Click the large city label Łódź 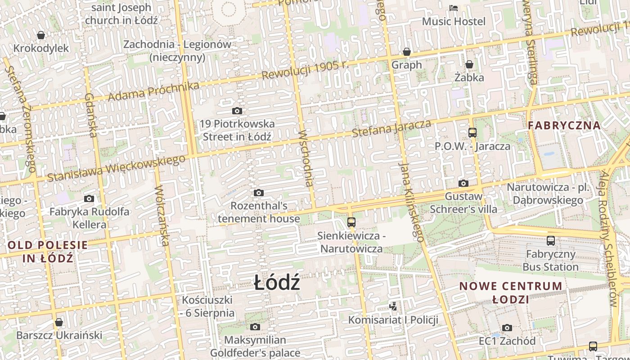[277, 283]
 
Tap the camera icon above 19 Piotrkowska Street [237, 111]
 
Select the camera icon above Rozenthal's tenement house [258, 193]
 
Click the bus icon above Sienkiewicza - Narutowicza [351, 222]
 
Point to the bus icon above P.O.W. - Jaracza [472, 133]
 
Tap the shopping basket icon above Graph [407, 52]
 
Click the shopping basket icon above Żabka [469, 64]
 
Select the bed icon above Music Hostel [454, 8]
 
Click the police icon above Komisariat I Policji [393, 306]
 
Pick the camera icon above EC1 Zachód [507, 328]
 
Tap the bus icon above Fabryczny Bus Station [551, 241]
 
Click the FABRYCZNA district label [564, 126]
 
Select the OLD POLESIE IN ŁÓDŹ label [48, 252]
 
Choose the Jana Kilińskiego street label [412, 202]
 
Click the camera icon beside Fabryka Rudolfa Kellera [89, 198]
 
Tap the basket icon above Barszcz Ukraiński [58, 322]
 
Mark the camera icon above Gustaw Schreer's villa [463, 183]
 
